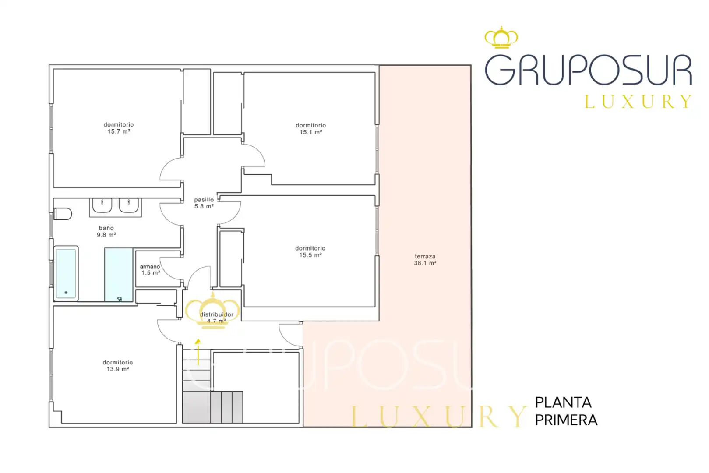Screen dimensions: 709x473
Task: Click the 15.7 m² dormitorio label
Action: click(119, 128)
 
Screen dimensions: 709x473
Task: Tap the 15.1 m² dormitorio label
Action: click(311, 128)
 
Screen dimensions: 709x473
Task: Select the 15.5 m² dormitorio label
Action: click(310, 251)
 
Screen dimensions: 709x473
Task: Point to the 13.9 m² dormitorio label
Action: click(118, 366)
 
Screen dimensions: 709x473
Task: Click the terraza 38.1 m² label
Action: click(425, 260)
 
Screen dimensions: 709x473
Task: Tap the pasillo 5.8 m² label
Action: click(204, 203)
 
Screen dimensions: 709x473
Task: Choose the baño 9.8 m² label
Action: click(106, 231)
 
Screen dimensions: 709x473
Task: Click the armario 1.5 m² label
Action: click(150, 270)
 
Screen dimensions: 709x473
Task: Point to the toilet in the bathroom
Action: click(63, 214)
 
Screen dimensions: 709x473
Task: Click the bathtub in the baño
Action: click(66, 274)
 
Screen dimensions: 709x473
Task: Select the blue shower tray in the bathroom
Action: click(119, 275)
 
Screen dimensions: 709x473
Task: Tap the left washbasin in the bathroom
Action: click(102, 205)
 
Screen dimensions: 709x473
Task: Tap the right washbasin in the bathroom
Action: click(128, 205)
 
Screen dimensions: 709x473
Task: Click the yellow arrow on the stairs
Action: click(198, 352)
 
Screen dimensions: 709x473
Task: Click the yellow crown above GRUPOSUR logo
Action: click(501, 37)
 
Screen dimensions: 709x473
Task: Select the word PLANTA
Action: click(563, 403)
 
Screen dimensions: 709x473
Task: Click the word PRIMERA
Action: click(566, 420)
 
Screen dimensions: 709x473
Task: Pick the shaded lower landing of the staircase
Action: click(213, 407)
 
